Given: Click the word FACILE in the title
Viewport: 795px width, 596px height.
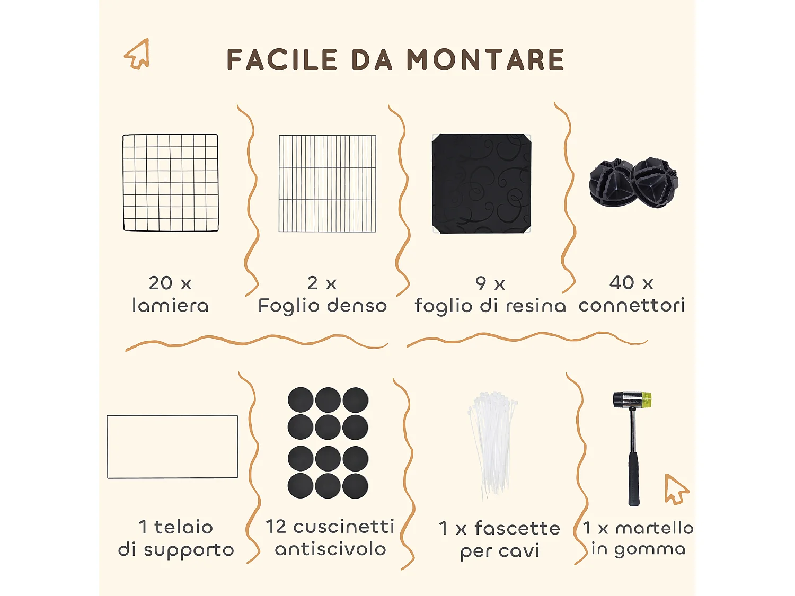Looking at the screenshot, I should click(282, 60).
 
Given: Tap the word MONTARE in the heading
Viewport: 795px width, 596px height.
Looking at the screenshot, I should click(485, 60).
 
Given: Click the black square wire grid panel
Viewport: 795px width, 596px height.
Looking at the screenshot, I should click(171, 183).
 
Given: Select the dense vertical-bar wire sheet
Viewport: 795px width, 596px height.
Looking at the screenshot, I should click(328, 183).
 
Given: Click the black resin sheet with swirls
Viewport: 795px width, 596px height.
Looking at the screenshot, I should click(482, 183).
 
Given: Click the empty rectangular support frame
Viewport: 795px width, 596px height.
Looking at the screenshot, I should click(172, 447).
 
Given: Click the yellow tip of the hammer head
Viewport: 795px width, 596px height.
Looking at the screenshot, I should click(646, 399).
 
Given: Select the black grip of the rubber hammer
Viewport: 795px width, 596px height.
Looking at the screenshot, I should click(634, 479).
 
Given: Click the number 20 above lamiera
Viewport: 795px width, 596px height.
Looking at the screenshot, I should click(160, 283).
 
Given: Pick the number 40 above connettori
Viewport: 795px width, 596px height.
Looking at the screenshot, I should click(622, 282).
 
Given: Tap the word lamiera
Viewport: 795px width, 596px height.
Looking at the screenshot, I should click(170, 306).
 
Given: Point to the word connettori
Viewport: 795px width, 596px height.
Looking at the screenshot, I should click(632, 305).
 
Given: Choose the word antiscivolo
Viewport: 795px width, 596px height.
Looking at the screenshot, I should click(331, 549).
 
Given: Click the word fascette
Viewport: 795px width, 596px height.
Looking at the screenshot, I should click(517, 528).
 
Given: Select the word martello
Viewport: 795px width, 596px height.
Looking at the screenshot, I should click(655, 528).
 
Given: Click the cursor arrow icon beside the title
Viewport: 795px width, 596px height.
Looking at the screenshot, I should click(137, 54).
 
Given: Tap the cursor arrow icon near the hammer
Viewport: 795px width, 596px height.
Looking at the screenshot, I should click(676, 488).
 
